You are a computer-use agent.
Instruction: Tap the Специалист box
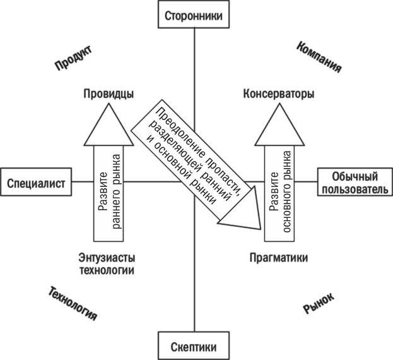click(x=37, y=183)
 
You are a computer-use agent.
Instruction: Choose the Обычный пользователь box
click(x=353, y=183)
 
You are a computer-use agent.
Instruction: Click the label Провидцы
click(x=108, y=93)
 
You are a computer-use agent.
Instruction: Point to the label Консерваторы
click(x=278, y=93)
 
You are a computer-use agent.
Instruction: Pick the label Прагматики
click(x=278, y=258)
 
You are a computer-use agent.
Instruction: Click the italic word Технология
click(x=73, y=304)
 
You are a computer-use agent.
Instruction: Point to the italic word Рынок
click(x=319, y=303)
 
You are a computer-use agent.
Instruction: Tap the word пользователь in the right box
click(x=353, y=190)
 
